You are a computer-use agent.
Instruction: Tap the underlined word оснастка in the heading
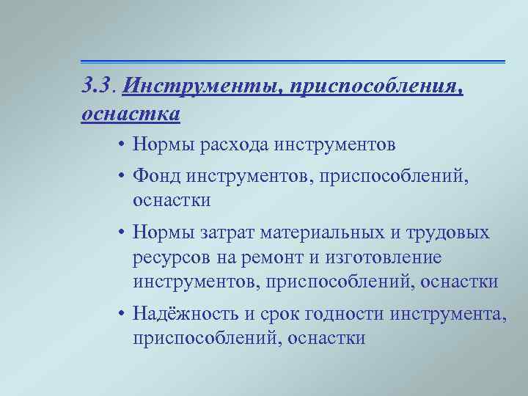(x=131, y=114)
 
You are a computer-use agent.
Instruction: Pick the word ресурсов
(x=172, y=257)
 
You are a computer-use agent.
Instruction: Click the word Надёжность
(x=185, y=315)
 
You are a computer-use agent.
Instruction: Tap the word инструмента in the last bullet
(x=450, y=315)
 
